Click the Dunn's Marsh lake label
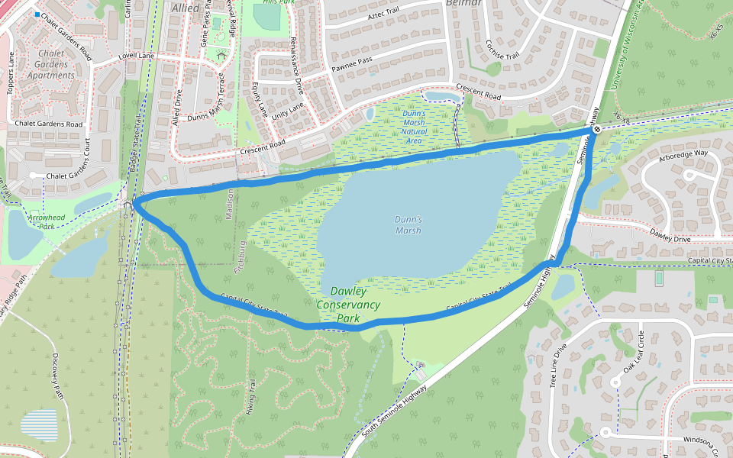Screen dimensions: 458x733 coord(408,224)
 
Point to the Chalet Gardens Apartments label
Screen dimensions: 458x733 coord(51,64)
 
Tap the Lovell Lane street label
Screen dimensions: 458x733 coord(137,56)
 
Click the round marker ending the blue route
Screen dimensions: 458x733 coord(597,130)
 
